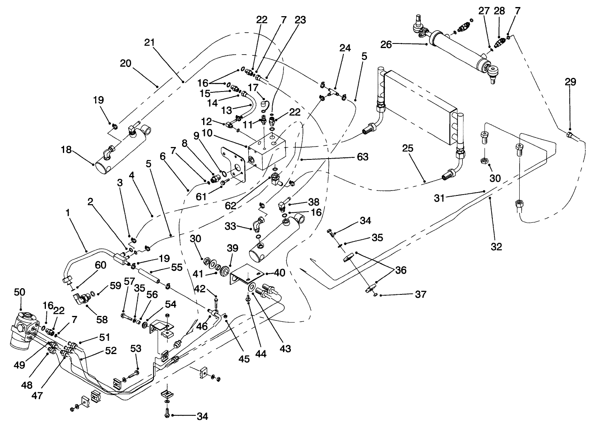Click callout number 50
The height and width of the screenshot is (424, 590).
click(19, 292)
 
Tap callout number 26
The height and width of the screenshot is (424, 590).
click(386, 44)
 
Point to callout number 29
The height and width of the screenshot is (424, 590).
click(570, 82)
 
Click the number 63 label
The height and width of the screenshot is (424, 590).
click(362, 157)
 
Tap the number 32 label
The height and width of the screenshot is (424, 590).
click(496, 247)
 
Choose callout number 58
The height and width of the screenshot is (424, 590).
click(102, 319)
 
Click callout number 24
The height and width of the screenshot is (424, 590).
click(345, 48)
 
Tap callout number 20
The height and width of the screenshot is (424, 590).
click(125, 63)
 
